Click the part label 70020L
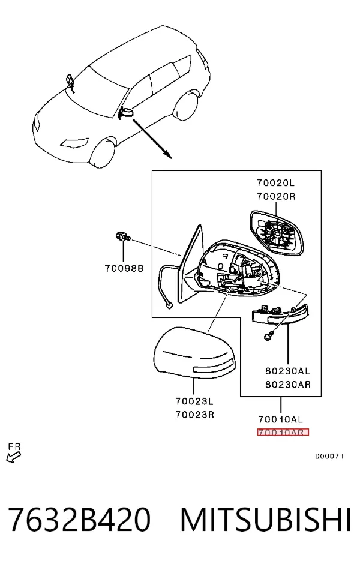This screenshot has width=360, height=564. click(275, 183)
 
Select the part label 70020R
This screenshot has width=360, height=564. click(276, 197)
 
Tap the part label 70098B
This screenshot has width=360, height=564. click(124, 268)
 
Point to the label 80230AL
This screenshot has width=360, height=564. click(288, 370)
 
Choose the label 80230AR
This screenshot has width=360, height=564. click(288, 384)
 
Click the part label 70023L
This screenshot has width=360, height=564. click(194, 401)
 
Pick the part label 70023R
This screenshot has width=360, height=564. click(195, 415)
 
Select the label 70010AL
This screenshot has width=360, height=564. click(281, 419)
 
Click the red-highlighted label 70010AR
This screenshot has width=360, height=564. click(283, 433)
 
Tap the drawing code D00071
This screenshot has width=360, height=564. click(330, 456)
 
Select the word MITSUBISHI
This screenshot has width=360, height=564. click(266, 520)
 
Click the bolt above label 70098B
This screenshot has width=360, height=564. click(123, 237)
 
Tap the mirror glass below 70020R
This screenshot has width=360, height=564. click(277, 233)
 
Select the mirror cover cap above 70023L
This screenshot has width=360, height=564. click(194, 353)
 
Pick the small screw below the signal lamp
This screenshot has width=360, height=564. click(268, 336)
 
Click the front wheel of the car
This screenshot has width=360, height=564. click(103, 153)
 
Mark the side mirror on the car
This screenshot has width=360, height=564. click(126, 113)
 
